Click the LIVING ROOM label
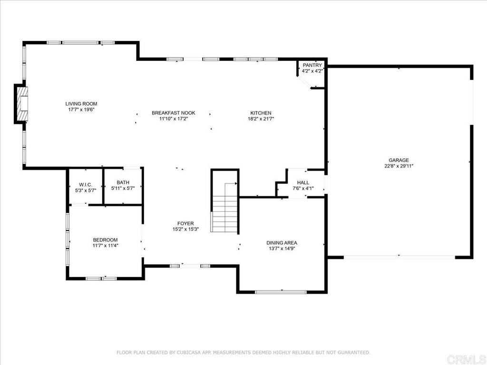(x=81, y=104)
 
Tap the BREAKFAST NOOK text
(x=174, y=113)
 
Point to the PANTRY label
(x=312, y=65)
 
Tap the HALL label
(x=303, y=182)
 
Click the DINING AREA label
(x=282, y=242)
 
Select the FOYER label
(x=185, y=223)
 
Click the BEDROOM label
(x=105, y=240)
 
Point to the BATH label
(x=123, y=182)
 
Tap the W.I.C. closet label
(x=86, y=184)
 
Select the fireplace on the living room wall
(x=21, y=104)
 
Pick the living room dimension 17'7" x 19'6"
(x=81, y=110)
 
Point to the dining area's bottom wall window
(x=281, y=292)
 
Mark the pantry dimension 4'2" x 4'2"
(x=312, y=71)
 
